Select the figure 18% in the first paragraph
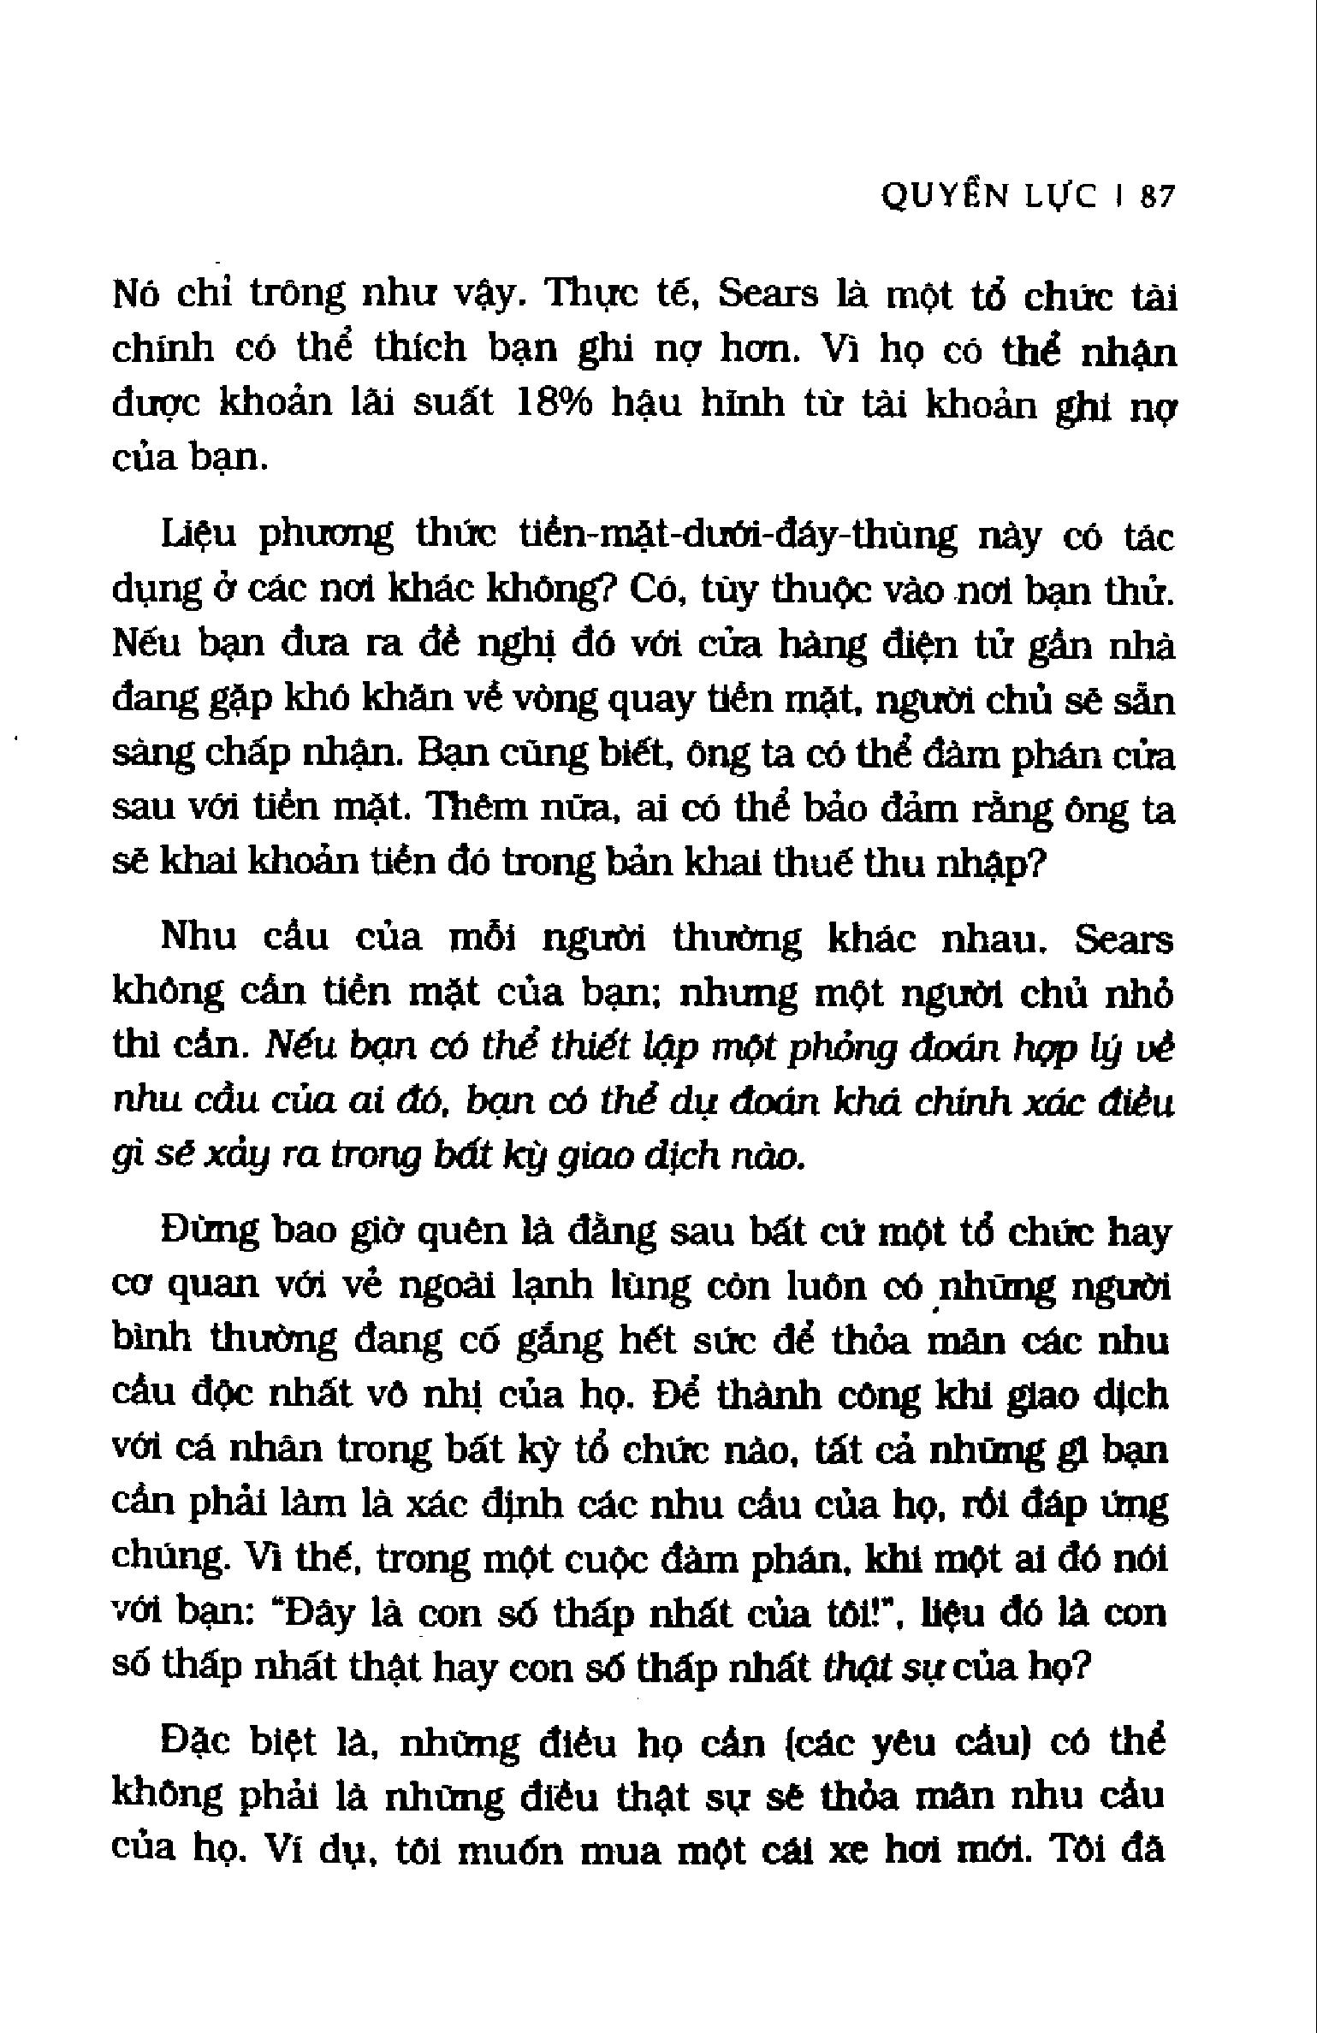[x=555, y=403]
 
